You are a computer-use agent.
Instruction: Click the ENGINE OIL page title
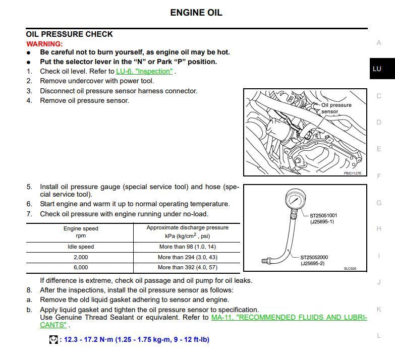pyautogui.click(x=196, y=12)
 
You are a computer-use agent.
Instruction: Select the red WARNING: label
pyautogui.click(x=44, y=44)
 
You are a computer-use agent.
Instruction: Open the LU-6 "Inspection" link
pyautogui.click(x=144, y=71)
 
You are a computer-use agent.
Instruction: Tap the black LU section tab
pyautogui.click(x=382, y=69)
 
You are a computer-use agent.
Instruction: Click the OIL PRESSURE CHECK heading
pyautogui.click(x=69, y=34)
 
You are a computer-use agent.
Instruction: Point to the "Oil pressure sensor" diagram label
pyautogui.click(x=336, y=108)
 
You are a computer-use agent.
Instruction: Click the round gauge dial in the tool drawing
pyautogui.click(x=296, y=199)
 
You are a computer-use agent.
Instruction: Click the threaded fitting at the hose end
pyautogui.click(x=266, y=261)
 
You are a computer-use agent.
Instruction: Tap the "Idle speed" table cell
pyautogui.click(x=81, y=247)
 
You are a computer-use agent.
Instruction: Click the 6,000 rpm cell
pyautogui.click(x=81, y=267)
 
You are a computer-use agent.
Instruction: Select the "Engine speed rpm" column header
pyautogui.click(x=81, y=232)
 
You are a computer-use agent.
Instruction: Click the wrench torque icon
pyautogui.click(x=53, y=340)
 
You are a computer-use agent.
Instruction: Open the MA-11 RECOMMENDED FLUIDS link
pyautogui.click(x=289, y=318)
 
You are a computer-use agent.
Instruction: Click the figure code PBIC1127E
pyautogui.click(x=353, y=173)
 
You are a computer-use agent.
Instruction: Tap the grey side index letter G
pyautogui.click(x=379, y=203)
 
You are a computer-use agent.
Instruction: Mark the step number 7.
pyautogui.click(x=29, y=214)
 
